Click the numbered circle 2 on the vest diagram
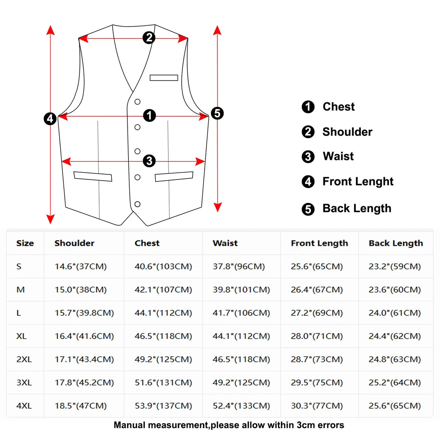pos(149,38)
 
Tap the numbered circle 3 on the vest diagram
pos(149,161)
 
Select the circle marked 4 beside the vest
pos(50,119)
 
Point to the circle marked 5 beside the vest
pos(217,113)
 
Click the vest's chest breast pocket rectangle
pos(164,78)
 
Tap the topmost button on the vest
pos(137,102)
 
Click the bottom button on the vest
pos(137,204)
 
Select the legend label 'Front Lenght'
pos(358,182)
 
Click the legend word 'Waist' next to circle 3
pos(338,156)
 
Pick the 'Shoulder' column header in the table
pos(74,243)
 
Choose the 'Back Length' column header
pos(396,243)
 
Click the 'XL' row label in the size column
pos(21,336)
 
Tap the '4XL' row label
pos(24,406)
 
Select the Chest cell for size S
pos(163,267)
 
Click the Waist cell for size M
pos(241,290)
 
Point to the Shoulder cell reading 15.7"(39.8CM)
pos(84,313)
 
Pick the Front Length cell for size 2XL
pos(317,359)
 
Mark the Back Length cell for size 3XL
pos(395,382)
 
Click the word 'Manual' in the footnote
pos(130,425)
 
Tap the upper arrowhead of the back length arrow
pos(217,30)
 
